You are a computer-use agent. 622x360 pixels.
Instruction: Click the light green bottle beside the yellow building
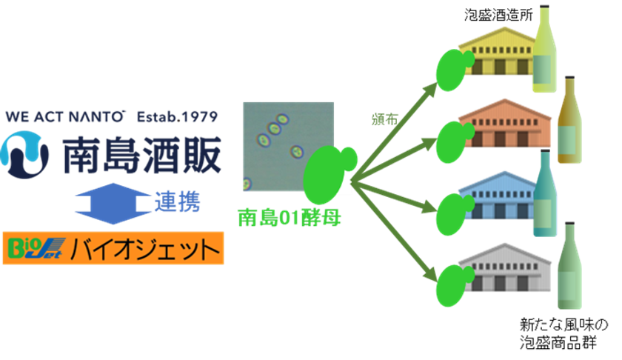tap(544, 49)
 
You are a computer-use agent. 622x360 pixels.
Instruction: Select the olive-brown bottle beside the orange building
tap(569, 119)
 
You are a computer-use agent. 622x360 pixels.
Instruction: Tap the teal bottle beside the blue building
tap(545, 193)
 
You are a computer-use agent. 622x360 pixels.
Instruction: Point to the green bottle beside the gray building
tap(569, 265)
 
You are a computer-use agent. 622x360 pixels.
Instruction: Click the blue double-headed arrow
tap(113, 204)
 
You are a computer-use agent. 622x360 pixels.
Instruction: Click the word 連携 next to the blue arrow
tap(177, 202)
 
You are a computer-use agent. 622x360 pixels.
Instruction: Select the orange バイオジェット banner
tap(113, 248)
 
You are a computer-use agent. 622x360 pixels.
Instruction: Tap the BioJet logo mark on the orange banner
tap(36, 248)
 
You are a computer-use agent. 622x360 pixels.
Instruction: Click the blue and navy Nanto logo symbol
tap(24, 155)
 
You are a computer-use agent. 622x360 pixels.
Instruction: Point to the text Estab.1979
tap(177, 117)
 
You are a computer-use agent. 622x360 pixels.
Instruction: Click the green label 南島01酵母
tap(290, 218)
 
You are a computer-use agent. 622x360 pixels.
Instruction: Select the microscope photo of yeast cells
tap(288, 147)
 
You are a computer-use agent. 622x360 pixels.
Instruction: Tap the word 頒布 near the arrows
tap(384, 119)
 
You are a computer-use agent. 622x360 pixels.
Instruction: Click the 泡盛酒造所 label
tap(498, 15)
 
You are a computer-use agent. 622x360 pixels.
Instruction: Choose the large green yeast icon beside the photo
tap(329, 174)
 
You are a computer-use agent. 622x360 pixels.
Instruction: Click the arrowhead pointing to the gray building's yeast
tap(431, 275)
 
